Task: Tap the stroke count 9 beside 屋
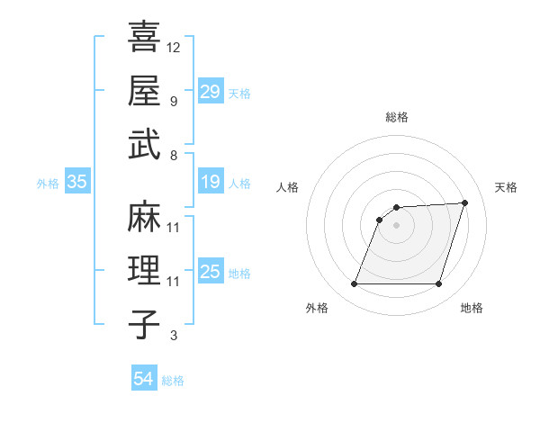coord(173,101)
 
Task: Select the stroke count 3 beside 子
coord(173,336)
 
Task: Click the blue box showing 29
coord(211,91)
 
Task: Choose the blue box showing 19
coord(211,183)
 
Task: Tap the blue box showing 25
coord(211,272)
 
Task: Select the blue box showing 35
coord(76,183)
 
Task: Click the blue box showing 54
coord(144,379)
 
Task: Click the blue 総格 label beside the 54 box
coord(173,381)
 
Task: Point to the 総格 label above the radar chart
coord(397,117)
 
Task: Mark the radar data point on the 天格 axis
coord(464,202)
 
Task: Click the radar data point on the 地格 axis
coord(438,284)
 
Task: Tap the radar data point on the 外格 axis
coord(354,284)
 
